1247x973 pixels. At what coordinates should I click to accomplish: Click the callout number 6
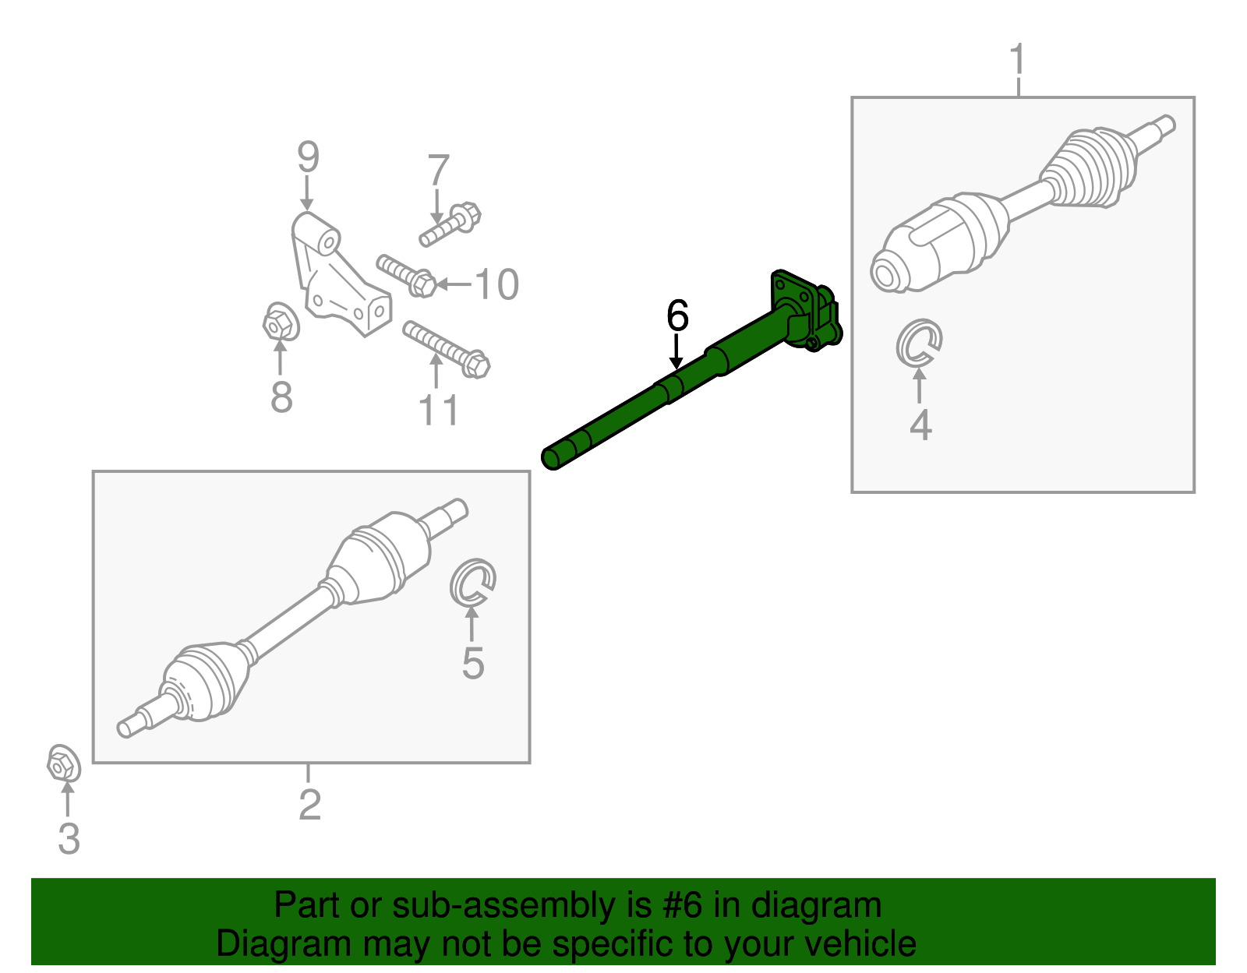click(x=677, y=316)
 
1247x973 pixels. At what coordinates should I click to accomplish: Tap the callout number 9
click(x=308, y=157)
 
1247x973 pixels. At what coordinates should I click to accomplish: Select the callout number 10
click(x=497, y=284)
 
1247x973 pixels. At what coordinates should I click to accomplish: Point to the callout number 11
click(x=439, y=410)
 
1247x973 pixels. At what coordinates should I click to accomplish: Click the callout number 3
click(x=69, y=838)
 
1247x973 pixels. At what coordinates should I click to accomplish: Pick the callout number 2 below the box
click(x=310, y=805)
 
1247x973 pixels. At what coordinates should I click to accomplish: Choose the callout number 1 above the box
click(x=1017, y=59)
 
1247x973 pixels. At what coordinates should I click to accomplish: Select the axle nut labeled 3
click(x=63, y=763)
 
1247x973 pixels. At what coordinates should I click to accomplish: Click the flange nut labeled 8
click(x=281, y=322)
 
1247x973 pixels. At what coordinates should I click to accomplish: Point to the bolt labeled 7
click(x=450, y=224)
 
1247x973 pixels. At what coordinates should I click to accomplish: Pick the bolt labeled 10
click(x=406, y=276)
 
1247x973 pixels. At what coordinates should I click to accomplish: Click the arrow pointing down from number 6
click(x=676, y=351)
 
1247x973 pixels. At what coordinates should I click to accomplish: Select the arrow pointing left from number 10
click(x=454, y=284)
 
